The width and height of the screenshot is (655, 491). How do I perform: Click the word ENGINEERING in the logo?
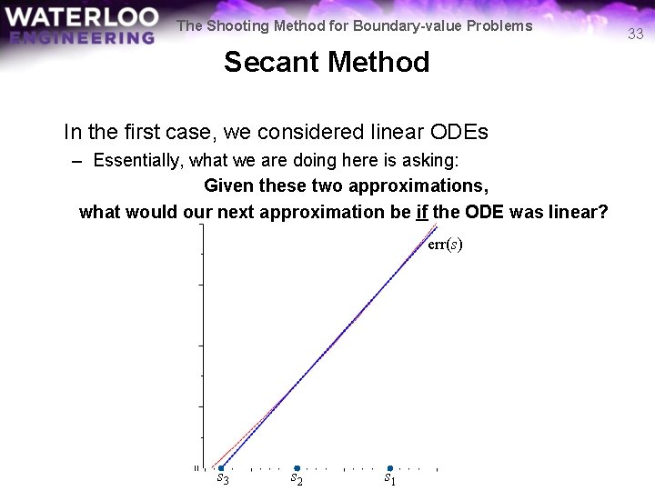point(83,37)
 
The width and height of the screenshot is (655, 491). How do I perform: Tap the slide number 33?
point(636,35)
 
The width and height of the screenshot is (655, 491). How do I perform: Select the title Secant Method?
point(327,63)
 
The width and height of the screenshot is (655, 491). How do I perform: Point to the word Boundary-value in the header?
point(417,25)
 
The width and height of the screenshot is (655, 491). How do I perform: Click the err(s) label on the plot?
point(445,245)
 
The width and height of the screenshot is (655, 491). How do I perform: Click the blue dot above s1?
point(389,468)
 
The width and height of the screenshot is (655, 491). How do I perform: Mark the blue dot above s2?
point(297,468)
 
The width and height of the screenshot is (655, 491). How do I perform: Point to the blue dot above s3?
point(221,468)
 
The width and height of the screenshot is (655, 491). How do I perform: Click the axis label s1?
point(388,477)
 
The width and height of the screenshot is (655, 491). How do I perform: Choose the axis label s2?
point(297,477)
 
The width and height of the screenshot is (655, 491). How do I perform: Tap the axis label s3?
point(222,478)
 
